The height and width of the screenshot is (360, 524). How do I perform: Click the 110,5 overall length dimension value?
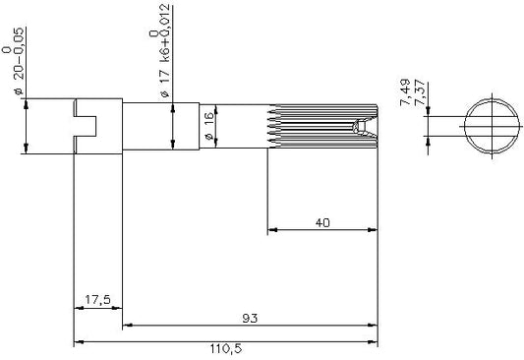(225, 349)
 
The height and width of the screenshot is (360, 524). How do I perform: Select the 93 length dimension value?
(250, 319)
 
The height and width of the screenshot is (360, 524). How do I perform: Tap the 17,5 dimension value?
(97, 300)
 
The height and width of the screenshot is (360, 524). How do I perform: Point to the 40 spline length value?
(322, 222)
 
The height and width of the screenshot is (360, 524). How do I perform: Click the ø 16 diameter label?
(208, 126)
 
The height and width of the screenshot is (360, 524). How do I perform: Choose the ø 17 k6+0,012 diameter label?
(165, 51)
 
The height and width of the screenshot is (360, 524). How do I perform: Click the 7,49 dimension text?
(405, 91)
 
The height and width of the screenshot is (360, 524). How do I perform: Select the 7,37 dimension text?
(420, 92)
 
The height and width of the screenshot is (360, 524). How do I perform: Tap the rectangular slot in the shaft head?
(85, 126)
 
